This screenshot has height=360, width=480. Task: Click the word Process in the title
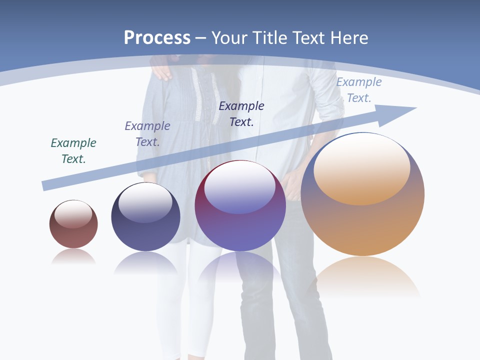pyautogui.click(x=157, y=38)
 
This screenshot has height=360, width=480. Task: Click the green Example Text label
pyautogui.click(x=73, y=150)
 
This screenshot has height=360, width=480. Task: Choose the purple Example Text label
pyautogui.click(x=147, y=133)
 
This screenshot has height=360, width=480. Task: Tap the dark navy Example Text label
pyautogui.click(x=241, y=113)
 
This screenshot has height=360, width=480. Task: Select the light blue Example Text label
pyautogui.click(x=359, y=90)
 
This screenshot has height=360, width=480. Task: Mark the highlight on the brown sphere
pyautogui.click(x=73, y=214)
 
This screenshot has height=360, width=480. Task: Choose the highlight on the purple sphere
pyautogui.click(x=240, y=188)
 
